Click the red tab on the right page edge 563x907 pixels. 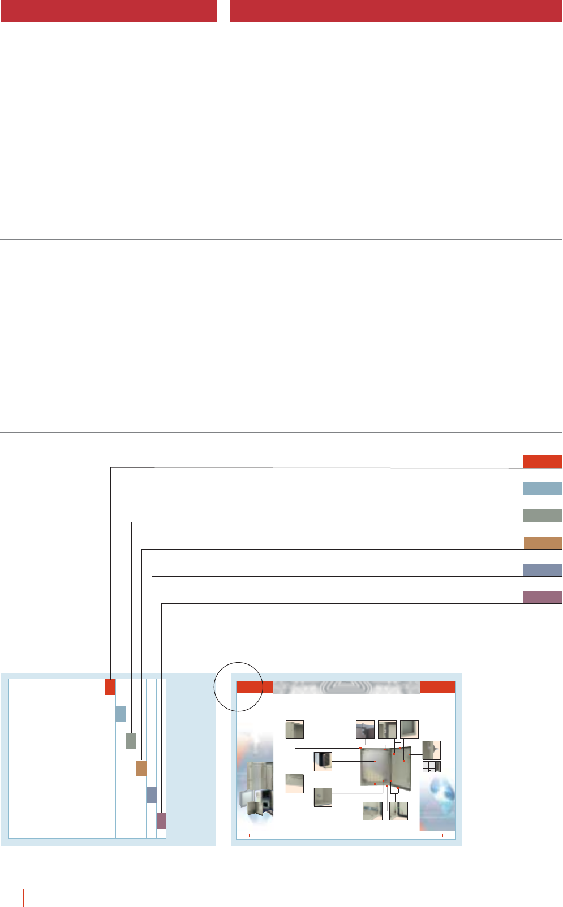[x=542, y=461]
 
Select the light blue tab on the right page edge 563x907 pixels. [x=542, y=489]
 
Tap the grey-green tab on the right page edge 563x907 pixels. [x=542, y=515]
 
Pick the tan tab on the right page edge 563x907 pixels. [x=543, y=543]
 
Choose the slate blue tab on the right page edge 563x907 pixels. [x=542, y=570]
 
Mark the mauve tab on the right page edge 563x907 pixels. [x=542, y=597]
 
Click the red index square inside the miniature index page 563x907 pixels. [x=110, y=687]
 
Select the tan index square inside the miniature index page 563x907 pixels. [x=141, y=768]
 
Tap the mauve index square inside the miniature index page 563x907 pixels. [x=161, y=821]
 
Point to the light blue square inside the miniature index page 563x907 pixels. [x=121, y=714]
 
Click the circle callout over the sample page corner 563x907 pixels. [x=238, y=686]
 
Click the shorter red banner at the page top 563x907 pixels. [x=109, y=11]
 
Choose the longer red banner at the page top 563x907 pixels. [x=396, y=11]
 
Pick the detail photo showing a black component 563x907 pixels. [x=323, y=761]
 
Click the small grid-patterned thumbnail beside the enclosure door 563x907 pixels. [x=431, y=767]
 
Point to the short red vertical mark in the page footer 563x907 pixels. [x=24, y=897]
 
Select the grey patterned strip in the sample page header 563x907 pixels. [x=346, y=687]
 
